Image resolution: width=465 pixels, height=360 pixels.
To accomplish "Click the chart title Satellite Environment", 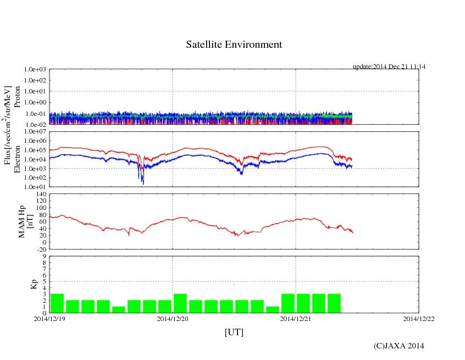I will tap(234, 45).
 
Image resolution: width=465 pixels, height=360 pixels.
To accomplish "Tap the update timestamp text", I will tap(389, 67).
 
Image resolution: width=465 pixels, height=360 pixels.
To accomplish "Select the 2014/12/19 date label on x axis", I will tap(49, 319).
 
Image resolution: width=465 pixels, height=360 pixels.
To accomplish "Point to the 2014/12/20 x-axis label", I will tap(173, 319).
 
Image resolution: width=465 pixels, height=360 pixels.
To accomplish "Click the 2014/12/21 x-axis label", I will tap(296, 319).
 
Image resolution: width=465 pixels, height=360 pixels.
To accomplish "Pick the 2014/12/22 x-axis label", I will tap(419, 319).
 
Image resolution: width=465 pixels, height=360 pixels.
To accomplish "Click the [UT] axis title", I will tap(234, 332).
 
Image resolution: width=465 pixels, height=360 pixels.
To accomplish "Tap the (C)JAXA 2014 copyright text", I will tap(399, 346).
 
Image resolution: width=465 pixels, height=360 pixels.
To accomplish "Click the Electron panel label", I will tap(17, 159).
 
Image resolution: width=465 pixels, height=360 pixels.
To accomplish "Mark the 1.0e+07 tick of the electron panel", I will tap(34, 132).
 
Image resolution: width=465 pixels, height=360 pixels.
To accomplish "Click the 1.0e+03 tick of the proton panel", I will tap(34, 70).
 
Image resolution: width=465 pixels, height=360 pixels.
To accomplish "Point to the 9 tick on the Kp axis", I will tap(43, 256).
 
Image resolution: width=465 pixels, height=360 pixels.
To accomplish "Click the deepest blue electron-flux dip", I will tap(143, 182).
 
